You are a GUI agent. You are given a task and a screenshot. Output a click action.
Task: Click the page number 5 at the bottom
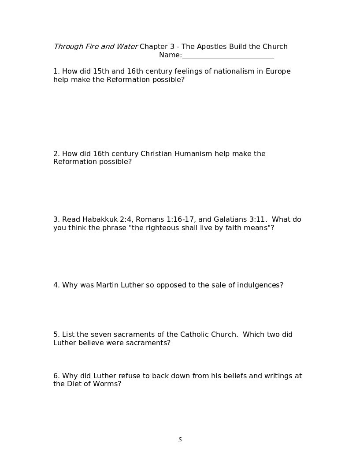click(180, 440)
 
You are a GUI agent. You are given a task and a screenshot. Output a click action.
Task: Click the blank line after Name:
click(228, 56)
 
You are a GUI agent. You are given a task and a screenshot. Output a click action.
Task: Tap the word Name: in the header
click(170, 55)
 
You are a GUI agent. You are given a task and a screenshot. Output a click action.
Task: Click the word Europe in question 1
click(278, 71)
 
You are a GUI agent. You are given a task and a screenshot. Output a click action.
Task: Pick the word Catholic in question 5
click(194, 335)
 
